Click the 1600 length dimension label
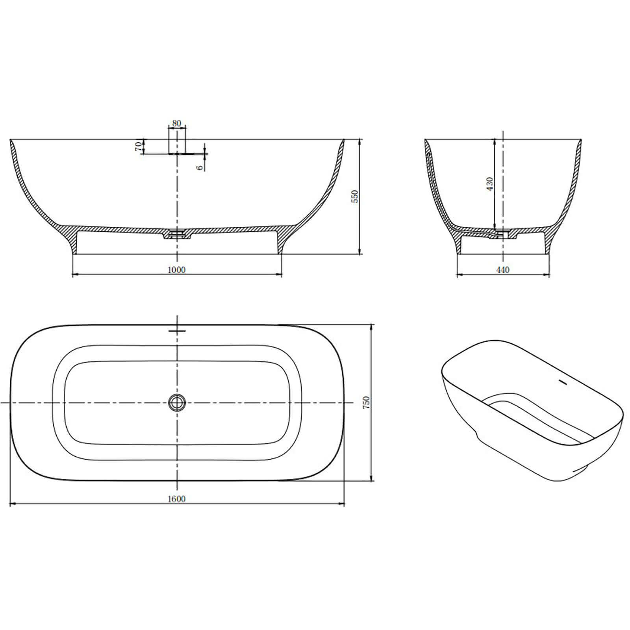(176, 499)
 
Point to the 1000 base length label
(176, 270)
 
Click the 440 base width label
(503, 270)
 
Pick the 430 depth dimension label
(489, 184)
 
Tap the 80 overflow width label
(177, 123)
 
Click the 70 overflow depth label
(138, 146)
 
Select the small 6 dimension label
(200, 167)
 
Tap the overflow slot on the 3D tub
(562, 382)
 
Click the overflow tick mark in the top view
(177, 330)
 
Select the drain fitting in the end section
(502, 233)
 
